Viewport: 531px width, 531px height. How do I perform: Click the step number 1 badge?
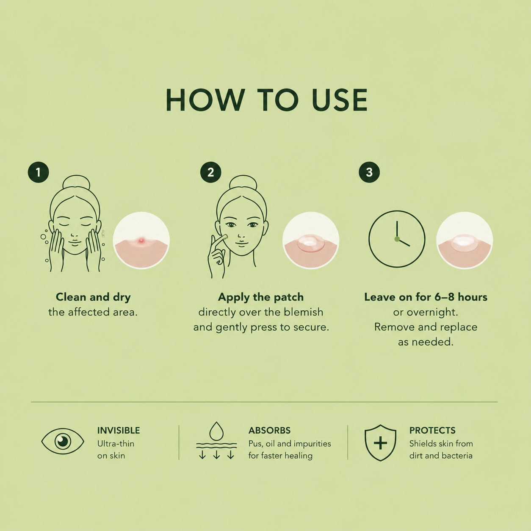click(x=38, y=172)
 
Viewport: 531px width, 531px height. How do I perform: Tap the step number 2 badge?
click(x=210, y=172)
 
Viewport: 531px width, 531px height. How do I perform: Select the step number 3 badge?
click(x=369, y=172)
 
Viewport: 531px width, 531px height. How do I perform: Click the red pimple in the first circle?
click(x=141, y=241)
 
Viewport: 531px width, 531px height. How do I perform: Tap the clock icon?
click(x=397, y=239)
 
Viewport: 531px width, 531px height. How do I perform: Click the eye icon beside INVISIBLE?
click(x=63, y=441)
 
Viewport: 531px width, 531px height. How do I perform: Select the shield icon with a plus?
click(x=380, y=443)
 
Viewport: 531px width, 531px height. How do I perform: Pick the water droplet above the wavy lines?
click(x=216, y=431)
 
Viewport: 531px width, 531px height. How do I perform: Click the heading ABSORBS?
click(x=269, y=430)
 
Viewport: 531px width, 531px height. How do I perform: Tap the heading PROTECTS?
click(x=432, y=430)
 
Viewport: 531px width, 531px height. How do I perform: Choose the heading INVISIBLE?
click(x=119, y=430)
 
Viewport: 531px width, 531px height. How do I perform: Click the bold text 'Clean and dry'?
click(x=93, y=297)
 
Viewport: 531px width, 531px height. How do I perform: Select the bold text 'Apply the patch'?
click(x=261, y=297)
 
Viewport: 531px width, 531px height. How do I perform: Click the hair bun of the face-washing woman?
click(x=76, y=182)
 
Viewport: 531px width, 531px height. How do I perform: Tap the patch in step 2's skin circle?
click(x=311, y=243)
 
